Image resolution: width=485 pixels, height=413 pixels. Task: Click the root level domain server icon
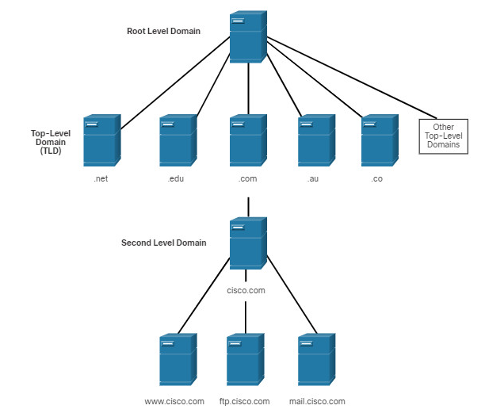pyautogui.click(x=248, y=36)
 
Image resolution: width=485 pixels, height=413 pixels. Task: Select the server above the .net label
pyautogui.click(x=102, y=140)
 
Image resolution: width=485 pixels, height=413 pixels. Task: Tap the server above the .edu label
pyautogui.click(x=178, y=140)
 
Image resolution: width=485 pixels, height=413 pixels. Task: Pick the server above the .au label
pyautogui.click(x=316, y=140)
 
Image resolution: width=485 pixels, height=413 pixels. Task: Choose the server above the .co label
pyautogui.click(x=380, y=140)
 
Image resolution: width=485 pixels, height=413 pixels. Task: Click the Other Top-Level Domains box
pyautogui.click(x=443, y=136)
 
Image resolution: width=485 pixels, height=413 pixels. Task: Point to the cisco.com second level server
pyautogui.click(x=248, y=243)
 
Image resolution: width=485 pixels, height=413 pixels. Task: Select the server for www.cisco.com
pyautogui.click(x=178, y=359)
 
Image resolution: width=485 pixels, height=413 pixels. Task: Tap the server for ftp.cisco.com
pyautogui.click(x=246, y=359)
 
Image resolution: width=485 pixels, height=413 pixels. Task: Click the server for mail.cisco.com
pyautogui.click(x=316, y=359)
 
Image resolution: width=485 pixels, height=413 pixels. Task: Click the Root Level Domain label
pyautogui.click(x=163, y=31)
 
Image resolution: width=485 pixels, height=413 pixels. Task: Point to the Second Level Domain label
pyautogui.click(x=163, y=243)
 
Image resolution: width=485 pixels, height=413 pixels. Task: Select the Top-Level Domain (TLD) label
pyautogui.click(x=51, y=142)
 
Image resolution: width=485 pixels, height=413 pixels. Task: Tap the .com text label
pyautogui.click(x=247, y=178)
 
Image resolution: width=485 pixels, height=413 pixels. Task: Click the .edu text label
pyautogui.click(x=176, y=178)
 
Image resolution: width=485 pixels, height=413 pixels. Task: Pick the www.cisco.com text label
pyautogui.click(x=174, y=402)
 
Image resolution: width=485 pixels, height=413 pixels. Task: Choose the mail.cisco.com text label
pyautogui.click(x=317, y=402)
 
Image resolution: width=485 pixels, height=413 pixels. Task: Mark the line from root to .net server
pyautogui.click(x=175, y=83)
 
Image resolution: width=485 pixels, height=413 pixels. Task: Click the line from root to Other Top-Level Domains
pyautogui.click(x=352, y=78)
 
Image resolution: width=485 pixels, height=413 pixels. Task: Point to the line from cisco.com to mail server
pyautogui.click(x=292, y=295)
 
